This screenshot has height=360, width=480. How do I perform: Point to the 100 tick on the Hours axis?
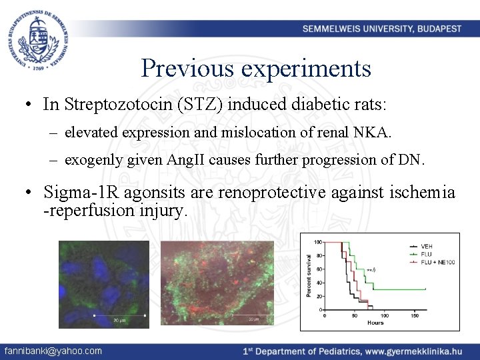[x=384, y=316]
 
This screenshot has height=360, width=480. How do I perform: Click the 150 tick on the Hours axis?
[x=415, y=316]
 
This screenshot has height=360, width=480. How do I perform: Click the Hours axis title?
[x=375, y=323]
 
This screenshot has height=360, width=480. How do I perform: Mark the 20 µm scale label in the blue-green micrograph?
[x=119, y=321]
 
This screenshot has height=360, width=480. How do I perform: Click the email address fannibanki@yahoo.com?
[x=53, y=351]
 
